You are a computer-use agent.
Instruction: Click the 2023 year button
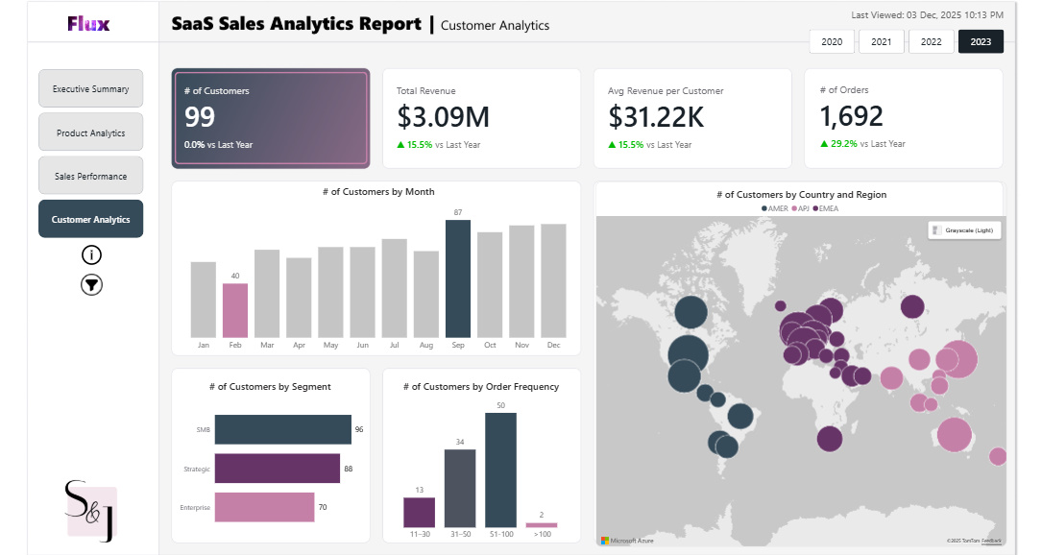point(981,42)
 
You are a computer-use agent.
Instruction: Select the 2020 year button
point(832,42)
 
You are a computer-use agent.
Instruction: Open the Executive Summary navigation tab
point(90,89)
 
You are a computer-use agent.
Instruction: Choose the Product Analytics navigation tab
point(90,133)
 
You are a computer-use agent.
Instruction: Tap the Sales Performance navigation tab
point(90,176)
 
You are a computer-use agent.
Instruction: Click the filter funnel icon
point(91,285)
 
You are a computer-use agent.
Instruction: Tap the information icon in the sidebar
point(91,254)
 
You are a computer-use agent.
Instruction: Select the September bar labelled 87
point(458,277)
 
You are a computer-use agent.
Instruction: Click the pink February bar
point(235,309)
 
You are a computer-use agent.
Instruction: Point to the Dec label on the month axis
point(553,345)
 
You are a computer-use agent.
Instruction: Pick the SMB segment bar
point(282,429)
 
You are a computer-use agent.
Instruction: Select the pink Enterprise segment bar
point(264,507)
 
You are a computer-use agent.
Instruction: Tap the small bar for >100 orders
point(541,524)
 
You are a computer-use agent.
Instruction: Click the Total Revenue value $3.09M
point(443,116)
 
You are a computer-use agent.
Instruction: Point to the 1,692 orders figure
point(851,116)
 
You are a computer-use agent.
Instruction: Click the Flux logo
point(88,24)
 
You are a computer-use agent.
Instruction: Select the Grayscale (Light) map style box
point(963,230)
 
